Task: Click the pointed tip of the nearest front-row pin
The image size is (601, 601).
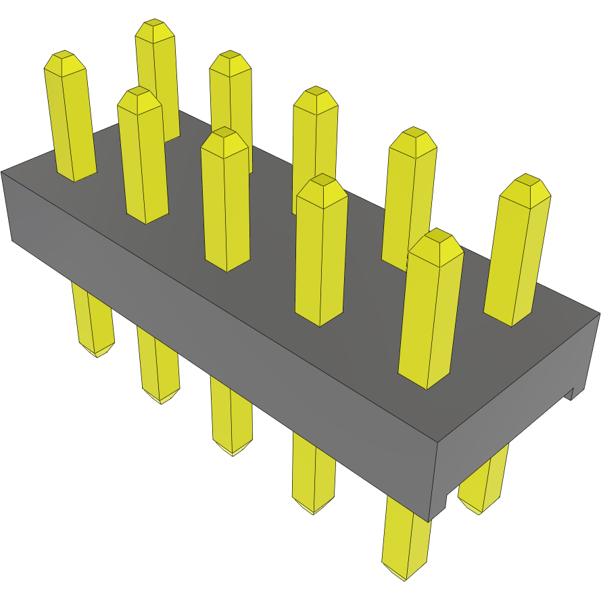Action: point(437,237)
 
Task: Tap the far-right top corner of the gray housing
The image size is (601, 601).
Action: point(598,313)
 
